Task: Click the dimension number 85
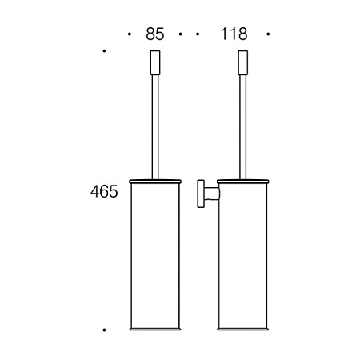click(155, 34)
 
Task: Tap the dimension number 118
click(233, 34)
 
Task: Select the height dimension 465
click(104, 192)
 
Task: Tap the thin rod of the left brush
click(156, 120)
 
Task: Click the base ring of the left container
click(156, 329)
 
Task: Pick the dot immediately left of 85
click(130, 34)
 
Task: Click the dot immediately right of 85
click(181, 34)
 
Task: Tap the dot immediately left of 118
click(198, 34)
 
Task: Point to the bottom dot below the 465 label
click(105, 329)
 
